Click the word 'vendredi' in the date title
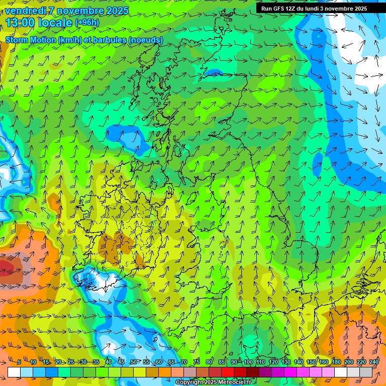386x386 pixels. [26, 11]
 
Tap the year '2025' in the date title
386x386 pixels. [117, 11]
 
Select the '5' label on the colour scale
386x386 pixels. [19, 362]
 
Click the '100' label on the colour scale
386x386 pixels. [248, 362]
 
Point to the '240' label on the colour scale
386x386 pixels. [373, 362]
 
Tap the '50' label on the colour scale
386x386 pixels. [133, 362]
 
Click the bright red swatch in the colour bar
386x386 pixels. [228, 372]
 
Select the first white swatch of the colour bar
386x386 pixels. [14, 372]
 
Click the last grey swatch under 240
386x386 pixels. [366, 372]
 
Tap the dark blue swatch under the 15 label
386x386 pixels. [52, 372]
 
